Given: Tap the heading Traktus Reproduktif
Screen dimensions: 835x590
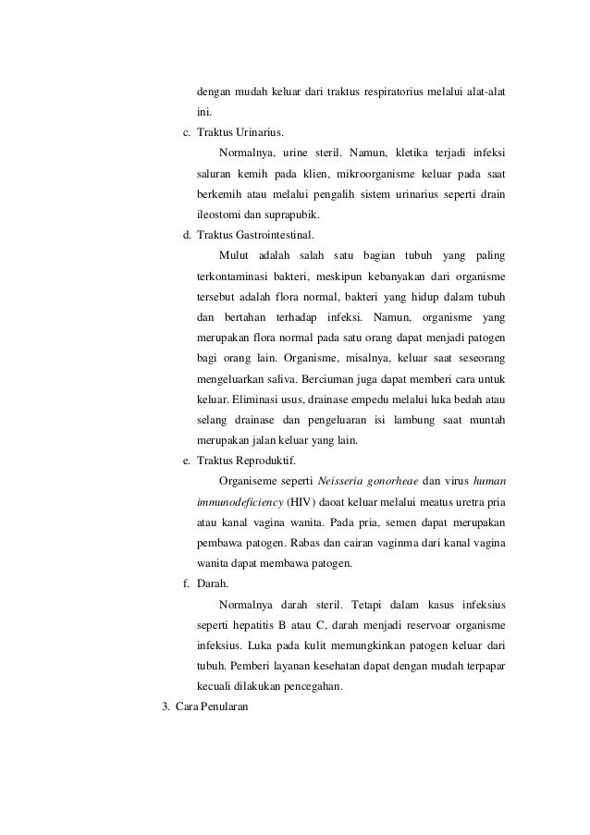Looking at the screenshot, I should (247, 460).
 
